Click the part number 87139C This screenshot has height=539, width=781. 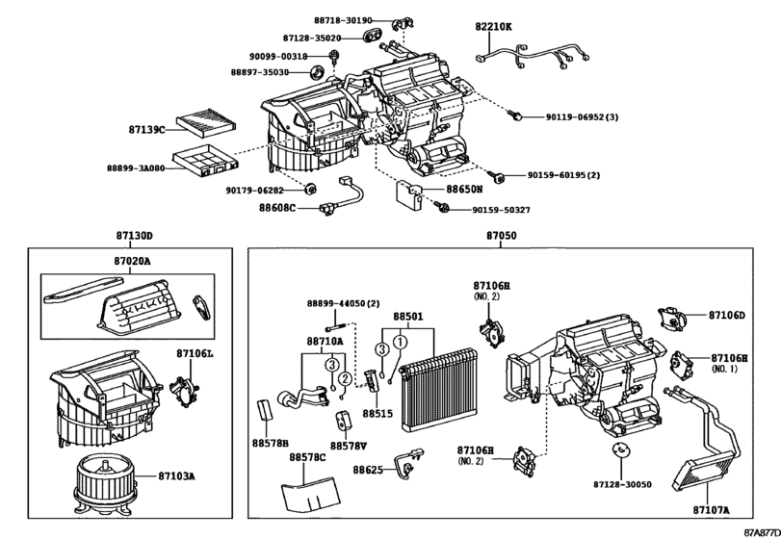(x=148, y=128)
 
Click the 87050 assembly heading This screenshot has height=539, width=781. (x=500, y=236)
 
